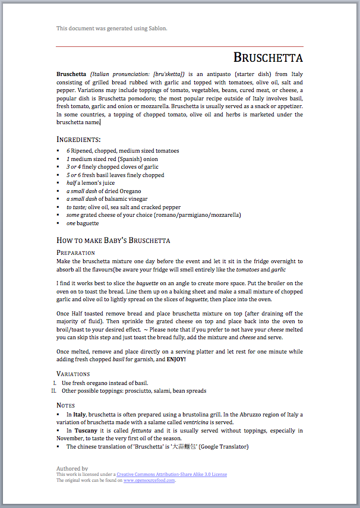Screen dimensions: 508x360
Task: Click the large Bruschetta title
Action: point(268,58)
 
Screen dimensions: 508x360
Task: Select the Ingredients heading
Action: point(78,139)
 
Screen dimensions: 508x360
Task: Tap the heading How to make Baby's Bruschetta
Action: point(113,240)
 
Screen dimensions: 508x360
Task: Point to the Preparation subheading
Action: point(75,253)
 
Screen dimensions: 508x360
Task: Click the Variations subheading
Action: point(73,374)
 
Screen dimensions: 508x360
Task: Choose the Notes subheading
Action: point(65,405)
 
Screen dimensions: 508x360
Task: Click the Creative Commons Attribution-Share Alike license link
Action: point(172,474)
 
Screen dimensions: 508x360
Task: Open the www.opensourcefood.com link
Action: point(149,480)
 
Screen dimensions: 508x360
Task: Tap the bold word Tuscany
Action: point(86,431)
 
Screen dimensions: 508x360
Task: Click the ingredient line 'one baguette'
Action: point(83,223)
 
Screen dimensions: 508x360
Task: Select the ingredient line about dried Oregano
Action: point(95,191)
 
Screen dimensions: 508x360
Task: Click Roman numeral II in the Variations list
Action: point(53,391)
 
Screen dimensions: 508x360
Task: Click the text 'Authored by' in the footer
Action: point(72,468)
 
